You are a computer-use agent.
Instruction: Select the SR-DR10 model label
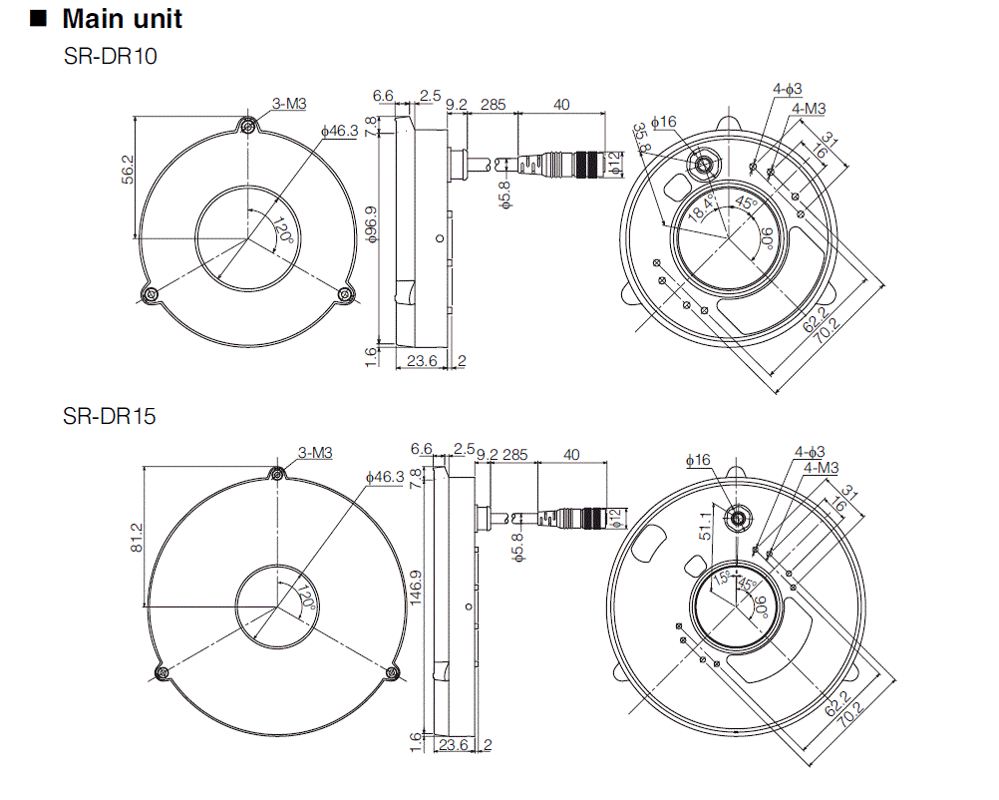(110, 56)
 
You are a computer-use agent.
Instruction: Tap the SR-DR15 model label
(110, 416)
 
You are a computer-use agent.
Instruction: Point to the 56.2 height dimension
(127, 178)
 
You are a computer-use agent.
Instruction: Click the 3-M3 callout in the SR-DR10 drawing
(288, 104)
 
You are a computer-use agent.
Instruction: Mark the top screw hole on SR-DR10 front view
(246, 125)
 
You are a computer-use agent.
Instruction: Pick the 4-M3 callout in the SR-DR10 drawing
(808, 108)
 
